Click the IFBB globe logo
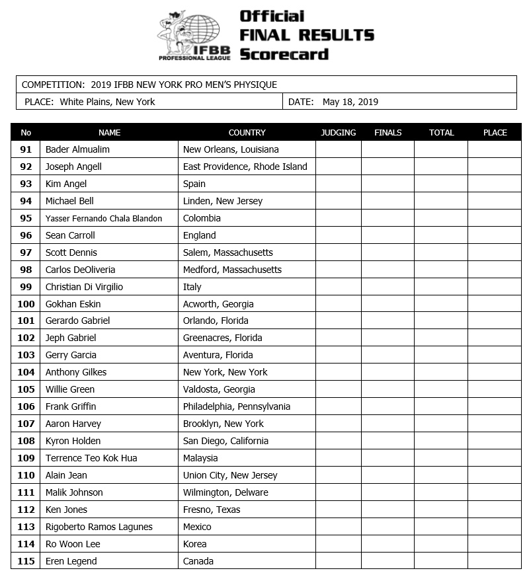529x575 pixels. click(x=194, y=36)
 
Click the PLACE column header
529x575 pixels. click(x=495, y=132)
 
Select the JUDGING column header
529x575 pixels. click(x=338, y=132)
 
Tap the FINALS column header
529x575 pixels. click(x=387, y=132)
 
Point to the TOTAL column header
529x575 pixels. click(x=441, y=132)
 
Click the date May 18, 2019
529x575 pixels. click(x=350, y=102)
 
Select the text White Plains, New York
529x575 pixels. click(x=107, y=102)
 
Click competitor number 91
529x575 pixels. click(x=26, y=149)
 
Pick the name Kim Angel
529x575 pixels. click(x=66, y=184)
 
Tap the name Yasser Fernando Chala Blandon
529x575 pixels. click(x=104, y=218)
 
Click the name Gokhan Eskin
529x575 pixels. click(x=73, y=304)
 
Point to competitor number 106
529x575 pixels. click(x=26, y=406)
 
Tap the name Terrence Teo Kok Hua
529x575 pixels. click(x=91, y=458)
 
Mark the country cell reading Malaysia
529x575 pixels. click(x=200, y=458)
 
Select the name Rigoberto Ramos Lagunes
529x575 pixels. click(x=99, y=527)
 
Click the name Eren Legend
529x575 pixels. click(x=71, y=561)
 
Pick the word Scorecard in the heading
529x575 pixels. click(x=284, y=54)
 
